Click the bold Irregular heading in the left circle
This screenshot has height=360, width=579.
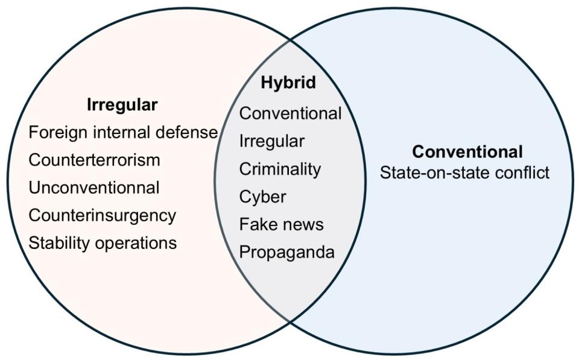tap(122, 104)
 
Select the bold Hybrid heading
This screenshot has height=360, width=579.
tap(288, 83)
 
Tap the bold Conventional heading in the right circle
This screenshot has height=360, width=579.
tap(467, 151)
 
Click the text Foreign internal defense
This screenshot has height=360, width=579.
tap(123, 132)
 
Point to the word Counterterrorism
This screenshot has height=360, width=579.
tap(94, 160)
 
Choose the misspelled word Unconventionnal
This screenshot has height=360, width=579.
tap(94, 188)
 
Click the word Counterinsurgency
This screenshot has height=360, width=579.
tap(103, 215)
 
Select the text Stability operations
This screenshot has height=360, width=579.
tap(103, 243)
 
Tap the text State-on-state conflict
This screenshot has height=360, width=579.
tap(464, 173)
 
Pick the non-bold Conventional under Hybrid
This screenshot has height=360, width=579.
tap(290, 113)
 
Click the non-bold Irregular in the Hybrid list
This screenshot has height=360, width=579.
tap(271, 141)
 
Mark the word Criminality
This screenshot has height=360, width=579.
tap(280, 169)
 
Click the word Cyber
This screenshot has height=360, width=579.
tap(262, 197)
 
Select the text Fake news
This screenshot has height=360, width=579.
tap(281, 224)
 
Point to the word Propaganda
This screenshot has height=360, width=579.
tap(286, 252)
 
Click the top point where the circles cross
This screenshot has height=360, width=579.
tap(290, 41)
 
